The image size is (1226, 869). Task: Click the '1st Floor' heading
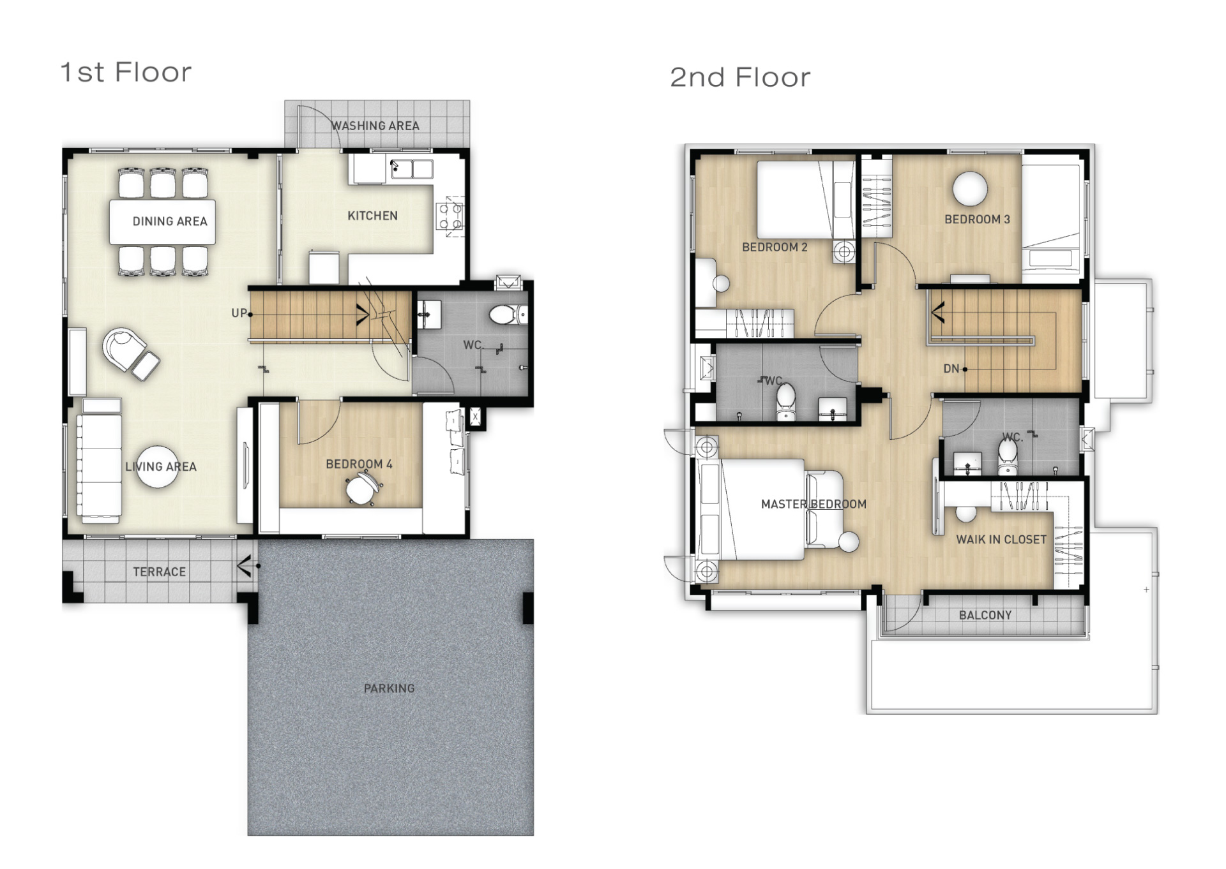point(126,73)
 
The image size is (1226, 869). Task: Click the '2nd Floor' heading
point(740,78)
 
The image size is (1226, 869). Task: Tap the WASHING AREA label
point(375,126)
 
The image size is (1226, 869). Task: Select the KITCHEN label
point(372,216)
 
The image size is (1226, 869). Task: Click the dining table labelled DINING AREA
point(162,222)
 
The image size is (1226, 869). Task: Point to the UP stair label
point(239,313)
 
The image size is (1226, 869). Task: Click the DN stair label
point(951,369)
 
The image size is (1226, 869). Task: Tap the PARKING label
point(389,688)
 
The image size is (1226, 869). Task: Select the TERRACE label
point(159,572)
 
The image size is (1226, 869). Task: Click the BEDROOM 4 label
point(359,464)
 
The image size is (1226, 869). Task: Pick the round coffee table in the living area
point(157,467)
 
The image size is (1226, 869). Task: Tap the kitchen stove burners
point(450,216)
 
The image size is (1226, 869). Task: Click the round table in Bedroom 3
point(970,189)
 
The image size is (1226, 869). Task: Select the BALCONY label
point(985,615)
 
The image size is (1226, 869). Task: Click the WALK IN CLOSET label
point(1001,540)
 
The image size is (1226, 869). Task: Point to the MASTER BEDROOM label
point(814,504)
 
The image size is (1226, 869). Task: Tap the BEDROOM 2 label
point(775,247)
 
